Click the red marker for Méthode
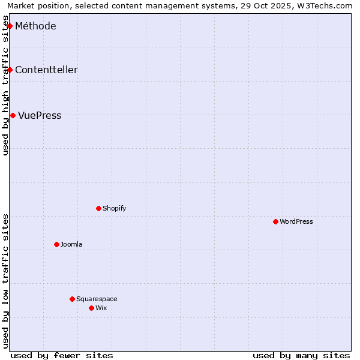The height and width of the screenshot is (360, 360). click(x=10, y=26)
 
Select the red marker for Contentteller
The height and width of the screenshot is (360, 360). click(x=10, y=70)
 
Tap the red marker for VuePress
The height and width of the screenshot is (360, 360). click(x=13, y=115)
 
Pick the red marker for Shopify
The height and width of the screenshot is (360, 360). click(x=98, y=208)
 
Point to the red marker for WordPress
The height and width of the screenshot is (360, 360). click(x=275, y=221)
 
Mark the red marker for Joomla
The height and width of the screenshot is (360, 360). click(x=56, y=244)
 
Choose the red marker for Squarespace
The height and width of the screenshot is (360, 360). click(x=72, y=299)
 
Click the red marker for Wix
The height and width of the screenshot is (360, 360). click(x=91, y=308)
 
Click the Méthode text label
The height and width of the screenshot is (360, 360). click(x=35, y=26)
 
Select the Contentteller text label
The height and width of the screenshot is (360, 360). click(x=46, y=70)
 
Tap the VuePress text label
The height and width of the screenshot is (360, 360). click(x=40, y=115)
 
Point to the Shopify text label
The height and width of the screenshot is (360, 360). click(x=114, y=208)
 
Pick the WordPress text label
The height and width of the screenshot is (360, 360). click(x=296, y=221)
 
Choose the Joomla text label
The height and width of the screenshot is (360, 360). click(x=71, y=244)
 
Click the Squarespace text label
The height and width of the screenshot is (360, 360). click(x=97, y=299)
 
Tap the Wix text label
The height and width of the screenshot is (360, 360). click(x=101, y=308)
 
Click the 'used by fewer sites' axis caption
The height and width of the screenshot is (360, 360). click(x=62, y=355)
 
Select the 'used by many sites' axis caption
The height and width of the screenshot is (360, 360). click(x=301, y=355)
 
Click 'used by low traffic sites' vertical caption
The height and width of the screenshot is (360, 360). click(x=5, y=281)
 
